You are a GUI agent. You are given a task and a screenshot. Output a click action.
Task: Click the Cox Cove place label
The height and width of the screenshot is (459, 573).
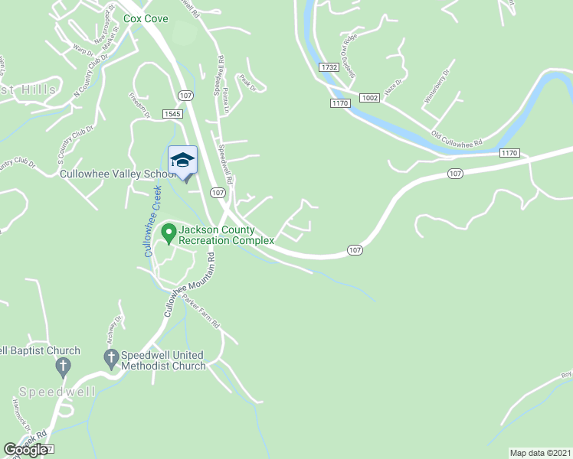[x=145, y=18]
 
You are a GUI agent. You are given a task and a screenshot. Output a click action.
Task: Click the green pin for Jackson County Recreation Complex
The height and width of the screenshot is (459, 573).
[x=169, y=230]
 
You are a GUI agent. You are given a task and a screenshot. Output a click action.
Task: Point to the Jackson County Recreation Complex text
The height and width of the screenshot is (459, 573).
[x=226, y=235]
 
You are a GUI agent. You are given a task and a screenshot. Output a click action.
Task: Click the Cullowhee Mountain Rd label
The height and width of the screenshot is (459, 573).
[x=188, y=286]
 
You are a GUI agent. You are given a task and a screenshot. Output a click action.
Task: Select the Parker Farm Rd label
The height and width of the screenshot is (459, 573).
[x=201, y=313]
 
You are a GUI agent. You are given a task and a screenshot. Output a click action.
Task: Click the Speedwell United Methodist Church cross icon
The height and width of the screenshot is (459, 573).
[x=110, y=356]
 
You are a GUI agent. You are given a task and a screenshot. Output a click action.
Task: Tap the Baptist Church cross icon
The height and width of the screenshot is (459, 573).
[x=63, y=368]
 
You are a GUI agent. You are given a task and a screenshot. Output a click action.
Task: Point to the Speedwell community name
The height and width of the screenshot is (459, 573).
[x=57, y=392]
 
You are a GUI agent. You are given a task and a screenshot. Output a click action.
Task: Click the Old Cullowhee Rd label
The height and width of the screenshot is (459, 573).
[x=457, y=139]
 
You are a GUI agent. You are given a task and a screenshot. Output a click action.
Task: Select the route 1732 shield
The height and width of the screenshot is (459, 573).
[x=329, y=67]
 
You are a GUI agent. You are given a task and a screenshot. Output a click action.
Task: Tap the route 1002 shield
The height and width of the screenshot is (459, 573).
[x=369, y=97]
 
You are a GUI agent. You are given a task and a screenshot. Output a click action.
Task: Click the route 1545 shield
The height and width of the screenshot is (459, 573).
[x=172, y=113]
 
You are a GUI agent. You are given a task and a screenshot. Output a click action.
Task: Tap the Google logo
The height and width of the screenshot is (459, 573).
[x=26, y=450]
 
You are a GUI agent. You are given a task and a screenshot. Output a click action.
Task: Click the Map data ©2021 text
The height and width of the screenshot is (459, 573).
[x=540, y=453]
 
